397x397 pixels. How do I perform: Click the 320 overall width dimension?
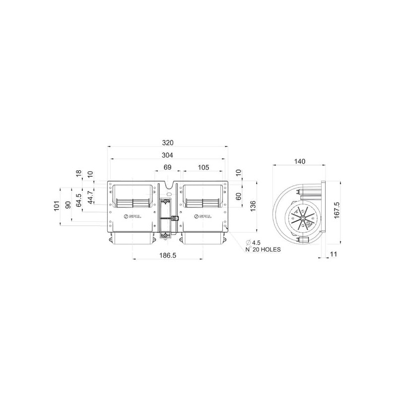tap(168, 143)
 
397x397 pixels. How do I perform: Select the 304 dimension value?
tap(167, 155)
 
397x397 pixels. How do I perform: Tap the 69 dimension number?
tap(168, 167)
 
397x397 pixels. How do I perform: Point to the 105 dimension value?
tap(203, 167)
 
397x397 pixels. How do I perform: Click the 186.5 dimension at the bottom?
tap(168, 255)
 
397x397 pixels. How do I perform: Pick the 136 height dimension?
tap(253, 206)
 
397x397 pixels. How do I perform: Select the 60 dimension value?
tap(239, 196)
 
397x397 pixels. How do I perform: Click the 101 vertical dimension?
tap(56, 206)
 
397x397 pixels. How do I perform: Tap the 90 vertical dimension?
tap(68, 205)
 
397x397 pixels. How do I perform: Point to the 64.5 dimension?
tap(79, 200)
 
